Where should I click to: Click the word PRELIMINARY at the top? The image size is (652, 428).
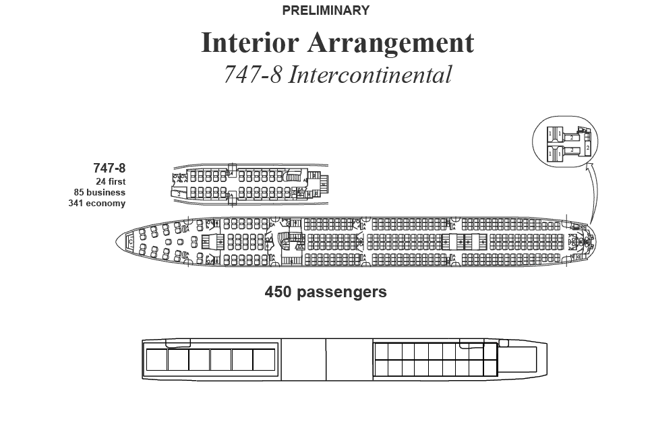(x=326, y=11)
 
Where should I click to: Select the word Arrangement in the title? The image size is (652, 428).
(x=391, y=43)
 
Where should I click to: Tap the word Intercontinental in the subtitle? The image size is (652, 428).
(x=369, y=74)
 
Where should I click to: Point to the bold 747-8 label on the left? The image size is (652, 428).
(x=109, y=169)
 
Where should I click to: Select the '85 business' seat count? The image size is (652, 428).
(x=100, y=192)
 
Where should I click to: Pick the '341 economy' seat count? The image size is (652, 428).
(x=97, y=203)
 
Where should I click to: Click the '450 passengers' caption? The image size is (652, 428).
(x=326, y=292)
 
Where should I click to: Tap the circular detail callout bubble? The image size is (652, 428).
(x=565, y=141)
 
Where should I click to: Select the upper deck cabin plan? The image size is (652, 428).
(x=249, y=184)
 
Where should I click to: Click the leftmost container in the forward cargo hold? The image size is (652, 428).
(x=156, y=360)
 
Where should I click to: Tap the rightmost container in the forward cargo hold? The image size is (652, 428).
(x=263, y=360)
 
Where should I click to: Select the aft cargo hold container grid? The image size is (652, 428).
(x=436, y=359)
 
